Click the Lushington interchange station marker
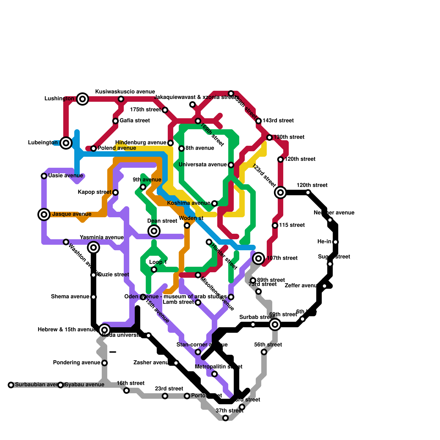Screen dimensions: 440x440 82,99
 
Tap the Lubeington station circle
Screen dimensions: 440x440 66,143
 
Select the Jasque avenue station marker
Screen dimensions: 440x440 44,215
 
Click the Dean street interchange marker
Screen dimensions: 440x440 154,231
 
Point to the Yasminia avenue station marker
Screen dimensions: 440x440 94,248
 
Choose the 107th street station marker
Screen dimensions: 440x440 258,258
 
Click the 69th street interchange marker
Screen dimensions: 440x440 275,324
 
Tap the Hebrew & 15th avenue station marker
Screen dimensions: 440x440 105,330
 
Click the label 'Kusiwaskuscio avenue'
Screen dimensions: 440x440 125,92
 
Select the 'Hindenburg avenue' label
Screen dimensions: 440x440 141,143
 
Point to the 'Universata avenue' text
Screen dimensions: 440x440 203,165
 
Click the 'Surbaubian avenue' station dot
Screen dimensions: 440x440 11,385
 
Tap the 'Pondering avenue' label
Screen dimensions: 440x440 76,363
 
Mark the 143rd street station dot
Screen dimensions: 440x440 258,121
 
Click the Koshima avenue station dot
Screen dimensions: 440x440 215,204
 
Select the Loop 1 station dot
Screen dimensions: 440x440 154,269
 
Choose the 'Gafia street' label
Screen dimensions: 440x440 135,121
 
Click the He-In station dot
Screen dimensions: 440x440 335,242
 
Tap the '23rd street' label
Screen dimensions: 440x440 169,389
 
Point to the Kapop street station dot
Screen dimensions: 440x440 116,193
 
